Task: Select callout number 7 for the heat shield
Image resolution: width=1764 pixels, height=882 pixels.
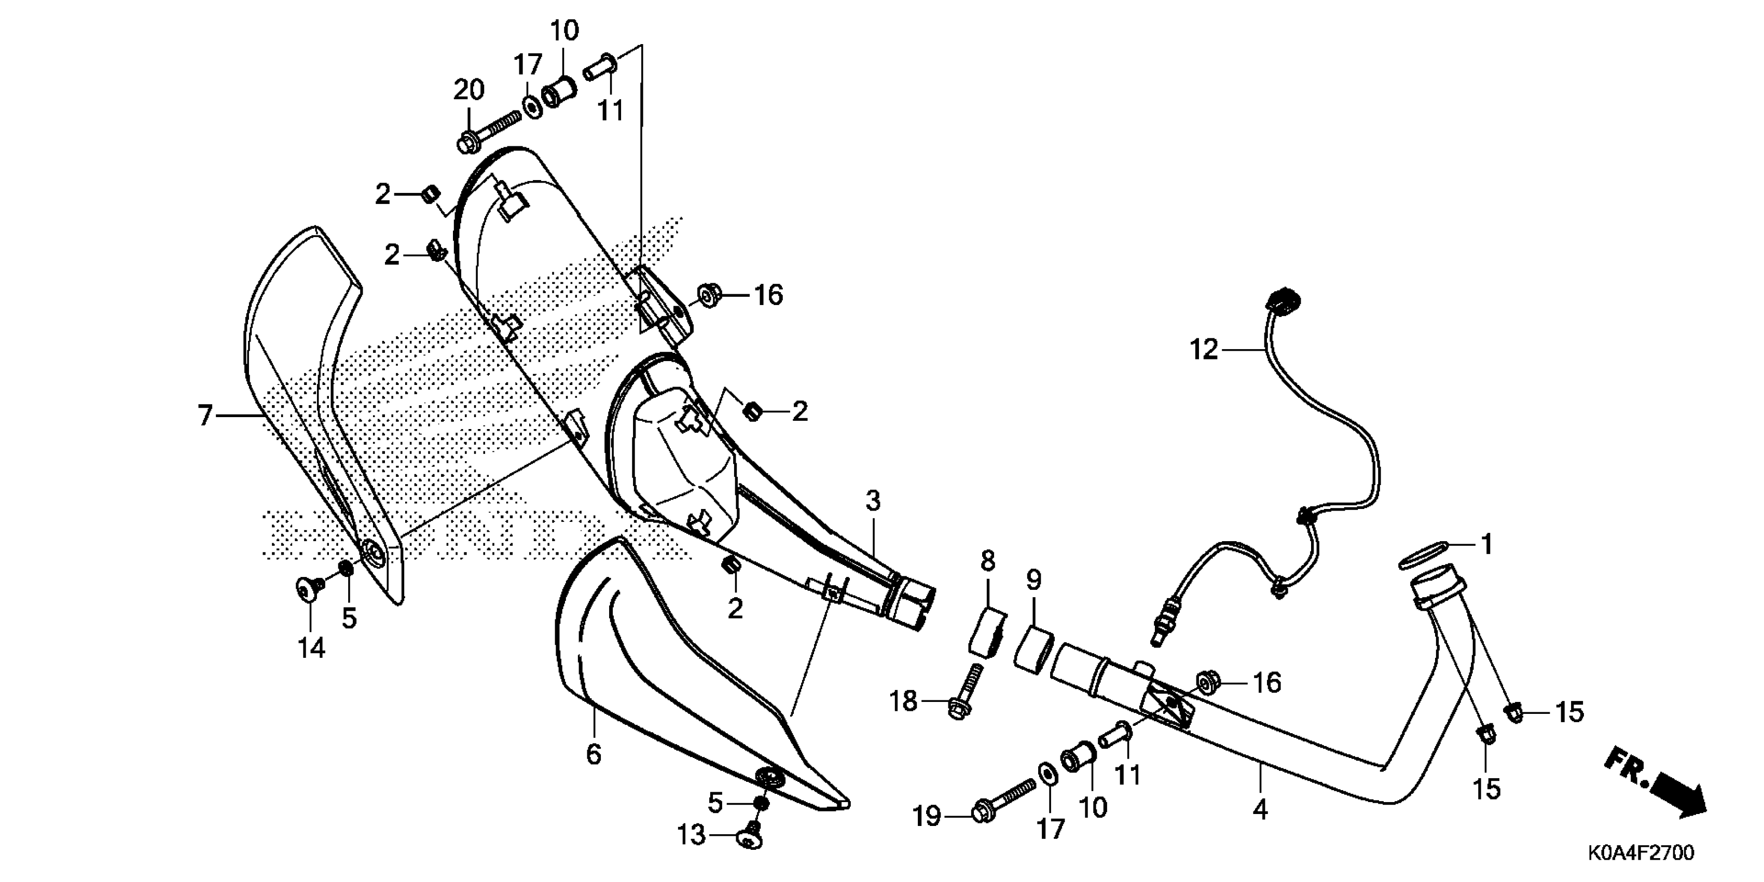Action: tap(205, 416)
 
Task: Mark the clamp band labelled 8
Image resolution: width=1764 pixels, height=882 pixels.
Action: tap(986, 629)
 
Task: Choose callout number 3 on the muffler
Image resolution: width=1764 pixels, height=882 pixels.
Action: tap(873, 501)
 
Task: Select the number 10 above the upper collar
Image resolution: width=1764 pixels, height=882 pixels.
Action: tap(564, 30)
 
